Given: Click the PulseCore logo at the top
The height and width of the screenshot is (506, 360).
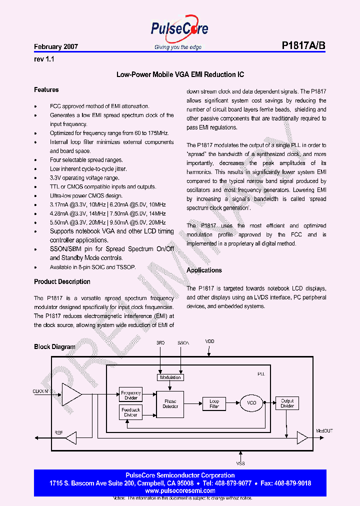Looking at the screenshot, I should click(x=179, y=30).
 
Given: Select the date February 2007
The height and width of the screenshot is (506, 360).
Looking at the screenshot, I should click(x=56, y=46).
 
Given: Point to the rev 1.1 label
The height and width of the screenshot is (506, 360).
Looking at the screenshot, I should click(x=43, y=59).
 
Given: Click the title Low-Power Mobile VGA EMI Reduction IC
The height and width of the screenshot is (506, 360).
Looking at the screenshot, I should click(x=180, y=74).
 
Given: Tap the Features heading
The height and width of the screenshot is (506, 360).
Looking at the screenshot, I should click(x=46, y=90).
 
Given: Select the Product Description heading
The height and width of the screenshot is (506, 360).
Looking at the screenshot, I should click(x=62, y=281).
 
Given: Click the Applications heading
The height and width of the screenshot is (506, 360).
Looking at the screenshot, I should click(x=204, y=270).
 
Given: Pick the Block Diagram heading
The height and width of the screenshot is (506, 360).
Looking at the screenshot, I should click(x=54, y=346).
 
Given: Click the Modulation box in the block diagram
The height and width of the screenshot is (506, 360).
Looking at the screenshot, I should click(x=170, y=377).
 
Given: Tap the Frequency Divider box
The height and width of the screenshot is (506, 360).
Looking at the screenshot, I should click(x=131, y=395).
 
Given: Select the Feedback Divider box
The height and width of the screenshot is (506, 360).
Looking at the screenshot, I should click(x=131, y=412).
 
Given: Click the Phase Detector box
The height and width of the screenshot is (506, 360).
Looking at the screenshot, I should click(x=170, y=403).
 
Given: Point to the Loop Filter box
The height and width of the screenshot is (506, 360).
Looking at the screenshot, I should click(x=214, y=403).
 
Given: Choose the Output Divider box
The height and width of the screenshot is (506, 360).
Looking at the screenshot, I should click(x=287, y=403).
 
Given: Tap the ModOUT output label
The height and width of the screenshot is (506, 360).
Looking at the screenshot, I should click(x=324, y=430).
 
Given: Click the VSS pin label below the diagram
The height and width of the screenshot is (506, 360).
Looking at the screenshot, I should click(x=240, y=463).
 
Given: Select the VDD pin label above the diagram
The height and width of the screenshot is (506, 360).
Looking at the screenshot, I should click(x=210, y=341).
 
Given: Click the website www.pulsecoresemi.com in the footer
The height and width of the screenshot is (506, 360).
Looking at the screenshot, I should click(x=179, y=491).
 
